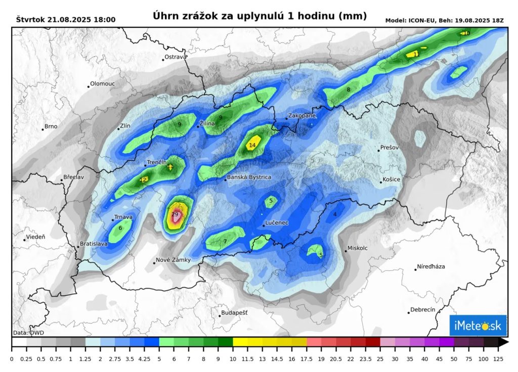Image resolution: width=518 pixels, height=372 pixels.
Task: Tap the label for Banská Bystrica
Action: click(249, 177)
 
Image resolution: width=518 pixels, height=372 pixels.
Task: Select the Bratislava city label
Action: click(94, 244)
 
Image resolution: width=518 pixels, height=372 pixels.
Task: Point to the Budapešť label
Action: click(235, 313)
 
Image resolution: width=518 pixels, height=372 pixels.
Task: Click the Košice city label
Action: click(392, 180)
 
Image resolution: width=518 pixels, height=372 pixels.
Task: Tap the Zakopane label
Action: click(302, 116)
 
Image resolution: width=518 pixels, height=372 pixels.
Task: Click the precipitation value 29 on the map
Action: click(175, 215)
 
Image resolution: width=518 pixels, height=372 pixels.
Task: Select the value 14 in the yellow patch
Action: click(252, 146)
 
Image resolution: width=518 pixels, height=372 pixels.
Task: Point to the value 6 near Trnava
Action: click(120, 228)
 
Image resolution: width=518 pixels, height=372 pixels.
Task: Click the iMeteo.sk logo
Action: click(478, 326)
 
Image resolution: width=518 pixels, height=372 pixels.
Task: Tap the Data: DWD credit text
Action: click(28, 333)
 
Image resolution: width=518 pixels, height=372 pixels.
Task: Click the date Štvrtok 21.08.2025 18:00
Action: click(66, 20)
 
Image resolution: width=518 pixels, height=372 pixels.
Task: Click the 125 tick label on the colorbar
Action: click(499, 359)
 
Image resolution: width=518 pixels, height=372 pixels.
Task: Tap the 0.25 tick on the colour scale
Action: click(26, 359)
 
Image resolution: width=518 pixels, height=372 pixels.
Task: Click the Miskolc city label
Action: click(357, 249)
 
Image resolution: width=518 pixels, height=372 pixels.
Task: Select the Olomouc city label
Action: click(102, 84)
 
